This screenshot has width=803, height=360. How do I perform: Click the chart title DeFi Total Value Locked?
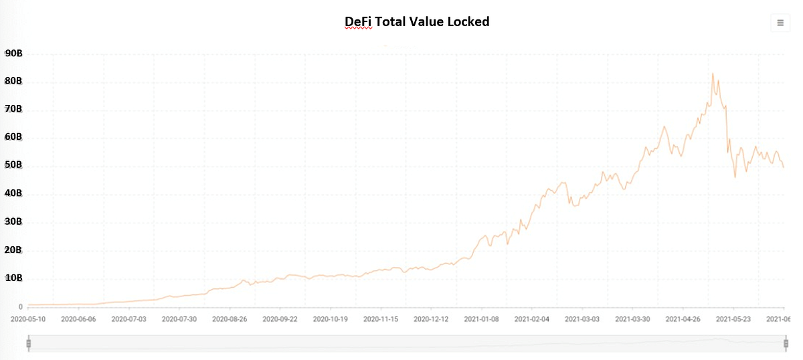[x=417, y=21]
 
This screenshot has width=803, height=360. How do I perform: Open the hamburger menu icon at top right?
[x=780, y=23]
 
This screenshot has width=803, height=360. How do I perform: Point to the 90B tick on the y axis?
[x=13, y=54]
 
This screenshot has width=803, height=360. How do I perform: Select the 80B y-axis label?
[x=13, y=81]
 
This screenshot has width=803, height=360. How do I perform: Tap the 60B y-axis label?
[x=13, y=137]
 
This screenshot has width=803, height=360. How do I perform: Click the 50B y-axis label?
[x=13, y=165]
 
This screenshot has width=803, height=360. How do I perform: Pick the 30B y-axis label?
[x=13, y=221]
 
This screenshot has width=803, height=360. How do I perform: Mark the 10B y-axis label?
[x=13, y=278]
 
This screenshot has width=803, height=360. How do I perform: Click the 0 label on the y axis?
[x=21, y=307]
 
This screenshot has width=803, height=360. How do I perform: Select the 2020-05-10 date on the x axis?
[x=29, y=320]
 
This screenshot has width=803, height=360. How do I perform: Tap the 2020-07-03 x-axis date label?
[x=128, y=320]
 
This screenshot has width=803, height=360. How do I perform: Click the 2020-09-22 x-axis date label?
[x=280, y=320]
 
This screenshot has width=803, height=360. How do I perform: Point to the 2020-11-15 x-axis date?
[x=381, y=320]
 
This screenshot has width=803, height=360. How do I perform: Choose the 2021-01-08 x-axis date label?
[x=482, y=320]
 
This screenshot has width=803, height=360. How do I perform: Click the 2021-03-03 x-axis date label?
[x=583, y=320]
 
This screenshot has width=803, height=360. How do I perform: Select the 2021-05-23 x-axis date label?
[x=734, y=320]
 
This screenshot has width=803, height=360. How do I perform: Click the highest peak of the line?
[x=713, y=74]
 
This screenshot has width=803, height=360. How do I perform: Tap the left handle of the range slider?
[x=28, y=344]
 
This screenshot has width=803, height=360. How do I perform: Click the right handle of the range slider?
[x=786, y=344]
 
